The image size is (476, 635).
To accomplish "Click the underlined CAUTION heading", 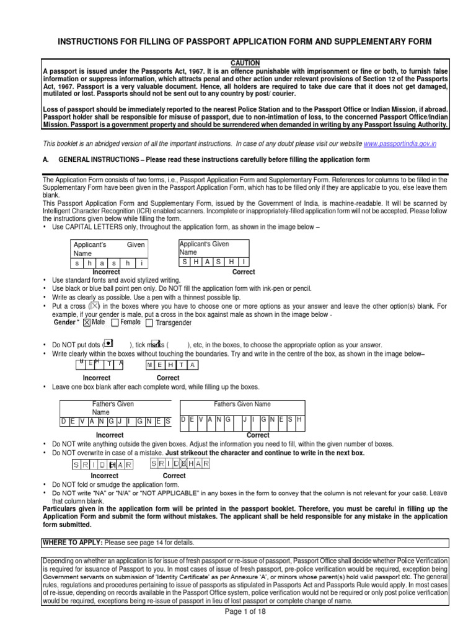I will tap(245, 63).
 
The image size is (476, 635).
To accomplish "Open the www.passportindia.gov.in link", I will tap(400, 144).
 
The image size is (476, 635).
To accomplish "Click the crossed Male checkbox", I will tap(87, 322).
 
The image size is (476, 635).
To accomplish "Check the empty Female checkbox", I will tap(115, 322).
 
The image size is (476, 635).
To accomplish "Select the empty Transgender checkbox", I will tap(149, 322).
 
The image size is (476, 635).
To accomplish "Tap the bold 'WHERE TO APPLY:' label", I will tap(73, 542).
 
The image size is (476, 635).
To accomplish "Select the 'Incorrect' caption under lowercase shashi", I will tap(106, 272).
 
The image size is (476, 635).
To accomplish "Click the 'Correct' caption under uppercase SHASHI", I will tap(244, 272).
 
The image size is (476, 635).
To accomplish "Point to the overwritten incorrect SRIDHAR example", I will tap(103, 464).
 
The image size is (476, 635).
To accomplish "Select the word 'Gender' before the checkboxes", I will tap(64, 322).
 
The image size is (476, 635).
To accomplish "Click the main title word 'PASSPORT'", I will tap(198, 41).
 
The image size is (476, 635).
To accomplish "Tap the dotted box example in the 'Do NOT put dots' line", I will tap(109, 344).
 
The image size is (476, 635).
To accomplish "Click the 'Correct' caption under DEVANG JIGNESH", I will tap(258, 435).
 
